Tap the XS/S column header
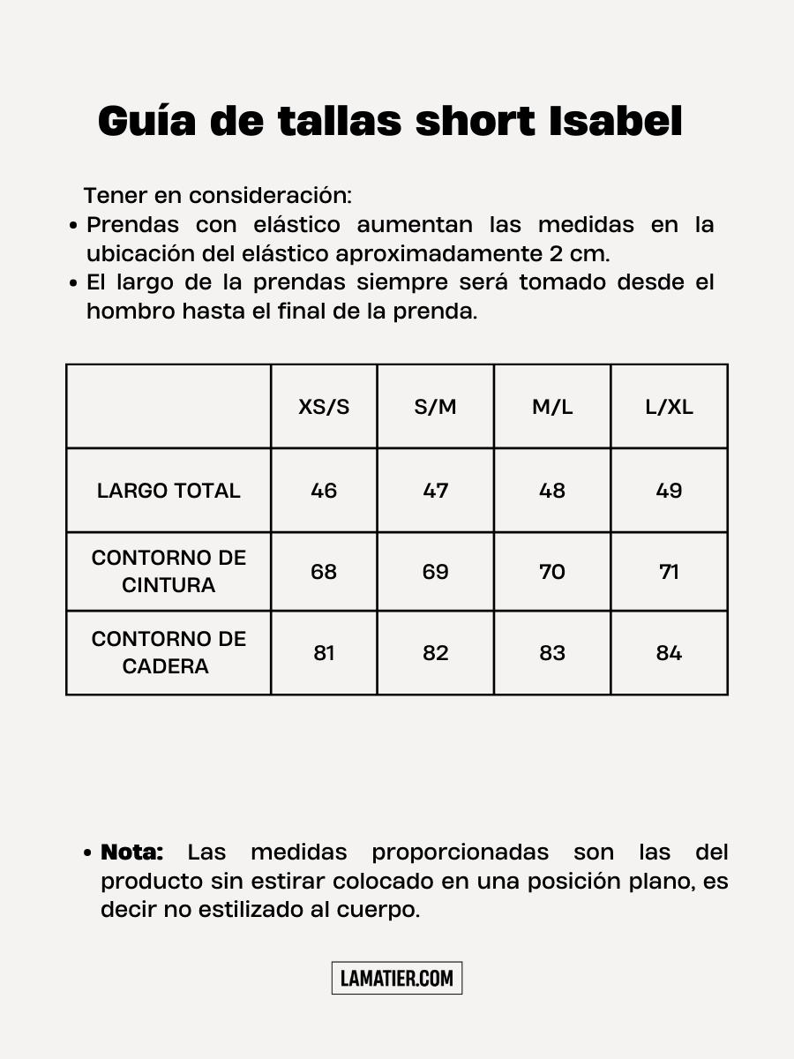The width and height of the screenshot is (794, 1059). point(324,407)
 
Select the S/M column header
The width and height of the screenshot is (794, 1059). point(436,407)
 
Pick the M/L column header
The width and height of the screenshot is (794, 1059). point(552,407)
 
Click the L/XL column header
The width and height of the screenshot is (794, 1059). point(669,407)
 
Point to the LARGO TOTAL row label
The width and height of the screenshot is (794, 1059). point(169,491)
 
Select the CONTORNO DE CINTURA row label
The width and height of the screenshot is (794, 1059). point(169,571)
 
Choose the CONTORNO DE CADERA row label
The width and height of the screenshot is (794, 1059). point(169,652)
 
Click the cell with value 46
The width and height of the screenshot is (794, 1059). point(324,491)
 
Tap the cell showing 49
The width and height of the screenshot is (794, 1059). point(669,491)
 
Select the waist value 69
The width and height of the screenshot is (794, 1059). point(436,572)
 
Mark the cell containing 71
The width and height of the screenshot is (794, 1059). point(669,572)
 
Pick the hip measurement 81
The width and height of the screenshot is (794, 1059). point(324,653)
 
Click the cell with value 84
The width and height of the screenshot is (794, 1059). point(669,653)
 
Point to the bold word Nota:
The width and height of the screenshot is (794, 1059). point(132,852)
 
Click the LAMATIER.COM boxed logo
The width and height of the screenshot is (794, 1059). point(397,978)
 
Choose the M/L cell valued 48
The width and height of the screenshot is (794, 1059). point(552,491)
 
